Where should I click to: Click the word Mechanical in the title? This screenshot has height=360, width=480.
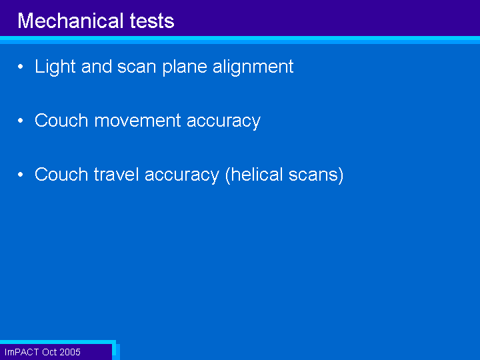click(71, 21)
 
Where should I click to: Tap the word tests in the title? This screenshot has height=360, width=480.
click(152, 21)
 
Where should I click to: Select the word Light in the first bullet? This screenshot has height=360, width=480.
click(55, 67)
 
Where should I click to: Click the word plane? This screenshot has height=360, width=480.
click(185, 67)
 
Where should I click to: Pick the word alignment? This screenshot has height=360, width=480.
click(253, 67)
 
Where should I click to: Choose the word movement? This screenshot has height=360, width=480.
click(138, 120)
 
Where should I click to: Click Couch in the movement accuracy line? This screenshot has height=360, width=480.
click(61, 120)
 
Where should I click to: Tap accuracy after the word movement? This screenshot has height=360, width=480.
click(223, 122)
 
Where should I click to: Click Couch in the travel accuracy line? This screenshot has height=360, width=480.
click(61, 174)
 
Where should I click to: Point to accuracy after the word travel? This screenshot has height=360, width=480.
click(182, 176)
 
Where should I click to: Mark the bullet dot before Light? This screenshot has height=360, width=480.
click(21, 67)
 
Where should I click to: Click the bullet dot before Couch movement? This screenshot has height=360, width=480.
click(21, 120)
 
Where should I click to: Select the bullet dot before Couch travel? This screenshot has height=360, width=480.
click(21, 175)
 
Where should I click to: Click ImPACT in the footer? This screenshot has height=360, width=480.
click(22, 352)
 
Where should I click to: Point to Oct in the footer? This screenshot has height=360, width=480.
click(49, 352)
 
